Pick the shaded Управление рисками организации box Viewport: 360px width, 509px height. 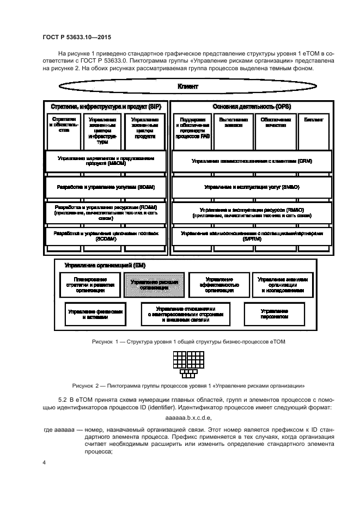(x=154, y=285)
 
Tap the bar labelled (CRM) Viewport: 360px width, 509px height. (x=252, y=161)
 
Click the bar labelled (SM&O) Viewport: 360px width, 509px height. (x=252, y=187)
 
